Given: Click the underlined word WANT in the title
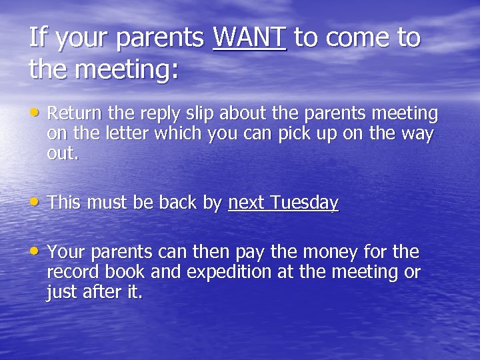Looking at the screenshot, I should [x=249, y=38].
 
